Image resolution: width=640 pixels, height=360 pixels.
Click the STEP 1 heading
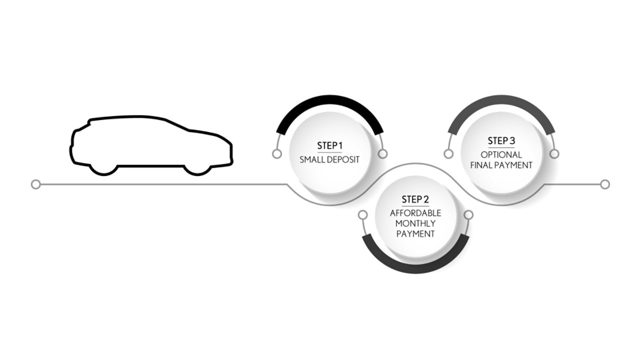(x=329, y=145)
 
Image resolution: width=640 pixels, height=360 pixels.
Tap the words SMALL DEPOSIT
(x=329, y=160)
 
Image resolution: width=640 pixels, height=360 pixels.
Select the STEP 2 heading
(x=415, y=200)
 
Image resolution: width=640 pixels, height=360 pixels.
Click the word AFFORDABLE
(x=415, y=213)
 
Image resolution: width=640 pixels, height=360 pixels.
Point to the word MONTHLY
(x=415, y=223)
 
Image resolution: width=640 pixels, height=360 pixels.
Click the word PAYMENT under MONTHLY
(x=415, y=234)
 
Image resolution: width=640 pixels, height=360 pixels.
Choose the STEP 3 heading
(x=501, y=140)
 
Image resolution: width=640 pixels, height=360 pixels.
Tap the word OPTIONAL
(x=501, y=154)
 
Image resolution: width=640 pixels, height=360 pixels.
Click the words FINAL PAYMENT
(x=501, y=165)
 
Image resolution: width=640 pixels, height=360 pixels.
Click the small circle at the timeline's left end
(x=35, y=184)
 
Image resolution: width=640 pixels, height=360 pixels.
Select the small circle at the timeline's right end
(x=605, y=184)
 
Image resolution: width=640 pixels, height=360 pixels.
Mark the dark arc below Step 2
(x=415, y=267)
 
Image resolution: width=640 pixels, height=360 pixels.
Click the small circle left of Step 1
(x=277, y=154)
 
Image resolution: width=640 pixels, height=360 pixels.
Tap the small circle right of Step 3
(x=554, y=154)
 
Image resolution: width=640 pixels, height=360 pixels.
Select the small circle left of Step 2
(x=363, y=215)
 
